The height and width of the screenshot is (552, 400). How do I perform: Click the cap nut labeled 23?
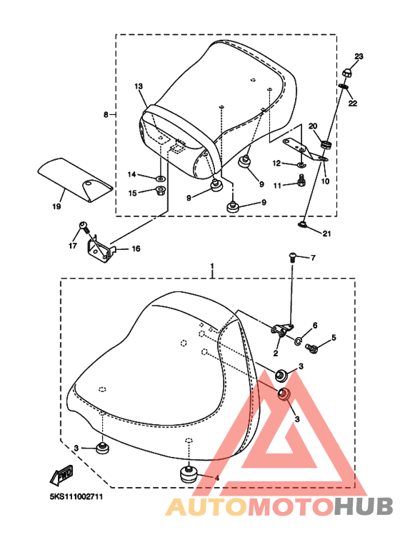coord(346,74)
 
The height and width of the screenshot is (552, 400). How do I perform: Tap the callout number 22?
coord(352,103)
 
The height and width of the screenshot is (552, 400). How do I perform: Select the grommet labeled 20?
coord(326,144)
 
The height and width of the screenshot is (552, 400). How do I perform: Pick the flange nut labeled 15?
coord(161,191)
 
